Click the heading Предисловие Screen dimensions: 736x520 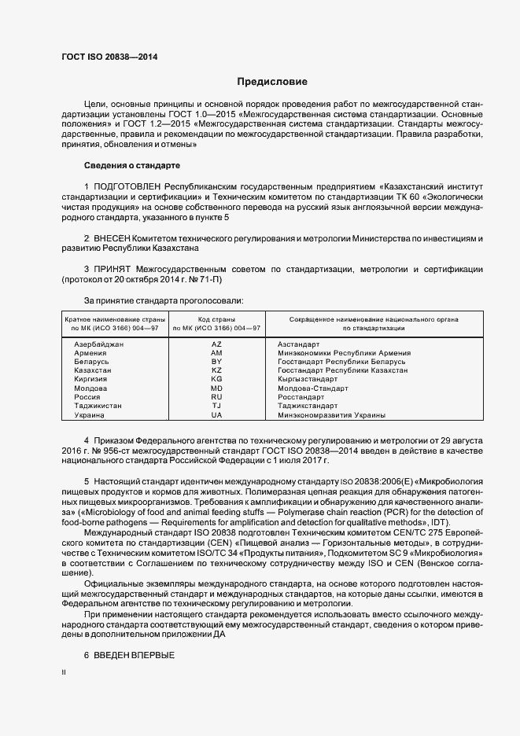coord(272,82)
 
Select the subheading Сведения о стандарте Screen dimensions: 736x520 coord(132,165)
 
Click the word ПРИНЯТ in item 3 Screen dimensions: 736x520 coord(110,269)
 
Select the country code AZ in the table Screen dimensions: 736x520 coord(217,344)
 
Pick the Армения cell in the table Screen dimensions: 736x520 coord(90,353)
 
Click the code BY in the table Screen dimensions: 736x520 coord(217,362)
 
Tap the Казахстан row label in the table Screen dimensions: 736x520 coord(93,370)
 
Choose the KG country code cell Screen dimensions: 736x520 coord(217,379)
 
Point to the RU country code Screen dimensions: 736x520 coord(217,397)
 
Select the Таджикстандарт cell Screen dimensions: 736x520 coord(308,406)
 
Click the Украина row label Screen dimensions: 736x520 coord(90,414)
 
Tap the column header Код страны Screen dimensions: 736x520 coord(217,319)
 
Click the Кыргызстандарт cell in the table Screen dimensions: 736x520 coord(308,379)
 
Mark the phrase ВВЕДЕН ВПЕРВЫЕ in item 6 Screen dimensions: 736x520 coord(135,655)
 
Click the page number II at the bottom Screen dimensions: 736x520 coord(64,673)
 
